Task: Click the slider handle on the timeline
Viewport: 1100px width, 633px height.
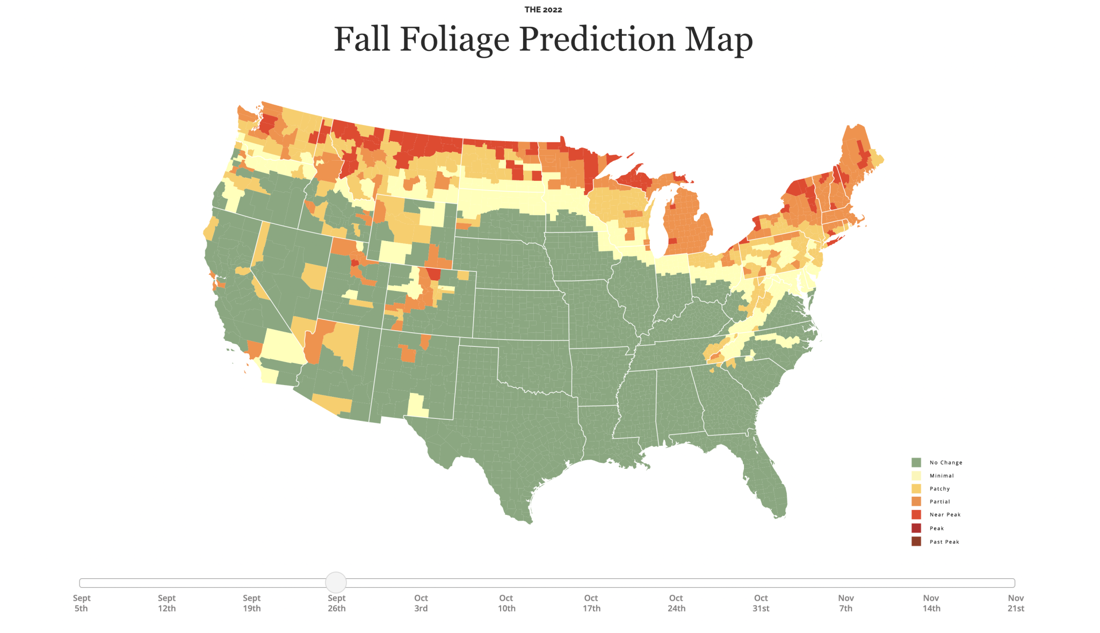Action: point(336,582)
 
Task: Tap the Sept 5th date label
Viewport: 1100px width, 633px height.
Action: point(82,603)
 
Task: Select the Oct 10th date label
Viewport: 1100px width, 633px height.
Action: point(506,603)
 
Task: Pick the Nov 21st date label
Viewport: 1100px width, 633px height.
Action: point(1016,603)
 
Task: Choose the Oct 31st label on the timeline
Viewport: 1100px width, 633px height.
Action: point(761,603)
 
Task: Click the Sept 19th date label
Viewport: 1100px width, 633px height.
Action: point(251,603)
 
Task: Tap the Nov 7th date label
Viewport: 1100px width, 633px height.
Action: point(846,603)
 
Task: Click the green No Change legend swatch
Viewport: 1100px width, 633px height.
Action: point(916,462)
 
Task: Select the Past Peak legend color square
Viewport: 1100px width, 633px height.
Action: point(916,541)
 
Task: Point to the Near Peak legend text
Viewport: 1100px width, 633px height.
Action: point(945,514)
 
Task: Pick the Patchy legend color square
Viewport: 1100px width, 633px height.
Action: point(916,489)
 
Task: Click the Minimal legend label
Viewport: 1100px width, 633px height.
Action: point(942,476)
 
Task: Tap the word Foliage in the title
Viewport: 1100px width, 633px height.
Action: point(454,40)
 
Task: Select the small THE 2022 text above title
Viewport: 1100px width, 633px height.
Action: point(543,10)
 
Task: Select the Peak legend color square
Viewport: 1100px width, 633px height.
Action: point(916,528)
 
